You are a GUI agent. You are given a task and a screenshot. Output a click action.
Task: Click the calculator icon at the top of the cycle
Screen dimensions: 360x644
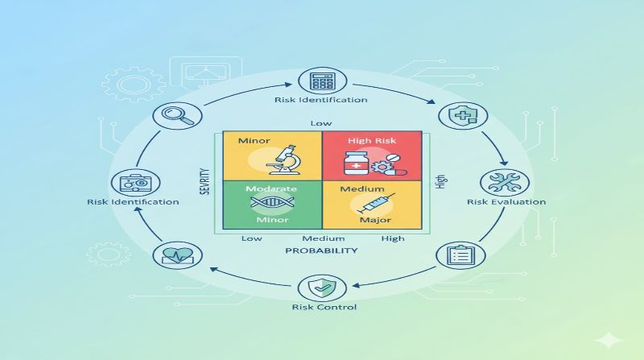[322, 81]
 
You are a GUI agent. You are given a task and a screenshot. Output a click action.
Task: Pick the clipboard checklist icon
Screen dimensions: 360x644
[460, 255]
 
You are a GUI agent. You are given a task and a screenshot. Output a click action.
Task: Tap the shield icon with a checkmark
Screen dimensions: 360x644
[322, 287]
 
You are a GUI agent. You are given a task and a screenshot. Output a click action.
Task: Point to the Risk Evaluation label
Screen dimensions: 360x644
[494, 202]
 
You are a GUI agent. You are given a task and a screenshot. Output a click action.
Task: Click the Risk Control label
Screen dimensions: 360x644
[322, 307]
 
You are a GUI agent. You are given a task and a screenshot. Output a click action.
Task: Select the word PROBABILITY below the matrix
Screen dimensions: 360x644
[321, 250]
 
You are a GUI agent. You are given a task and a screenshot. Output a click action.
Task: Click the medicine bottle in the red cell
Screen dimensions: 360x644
[356, 164]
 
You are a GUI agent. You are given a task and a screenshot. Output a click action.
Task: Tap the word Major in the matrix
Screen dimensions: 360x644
[376, 221]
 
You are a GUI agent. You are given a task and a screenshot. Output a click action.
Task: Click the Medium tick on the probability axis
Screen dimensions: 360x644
[323, 238]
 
